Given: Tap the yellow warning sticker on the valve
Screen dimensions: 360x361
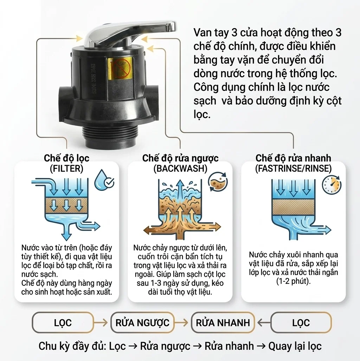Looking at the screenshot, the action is click(120, 68).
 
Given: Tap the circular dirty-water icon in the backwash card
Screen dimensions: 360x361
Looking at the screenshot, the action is click(218, 182).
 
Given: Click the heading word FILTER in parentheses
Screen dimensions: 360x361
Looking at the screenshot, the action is click(66, 169).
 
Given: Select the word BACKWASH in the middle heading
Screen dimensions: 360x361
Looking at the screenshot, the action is click(180, 169).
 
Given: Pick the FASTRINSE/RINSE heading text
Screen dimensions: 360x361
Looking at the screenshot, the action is click(293, 169).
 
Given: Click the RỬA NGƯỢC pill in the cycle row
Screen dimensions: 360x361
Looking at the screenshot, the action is click(142, 323).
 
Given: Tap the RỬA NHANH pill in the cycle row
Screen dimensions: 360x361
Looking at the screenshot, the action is click(223, 323).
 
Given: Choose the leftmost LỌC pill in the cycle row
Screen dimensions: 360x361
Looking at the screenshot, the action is click(63, 323).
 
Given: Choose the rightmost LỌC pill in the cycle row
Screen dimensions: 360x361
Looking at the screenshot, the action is click(301, 323).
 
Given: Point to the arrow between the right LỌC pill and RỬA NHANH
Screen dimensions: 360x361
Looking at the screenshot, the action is click(264, 323).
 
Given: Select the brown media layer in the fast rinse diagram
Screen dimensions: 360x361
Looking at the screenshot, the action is click(293, 207).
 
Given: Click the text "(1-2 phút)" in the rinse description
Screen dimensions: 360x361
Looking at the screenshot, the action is click(293, 281).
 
